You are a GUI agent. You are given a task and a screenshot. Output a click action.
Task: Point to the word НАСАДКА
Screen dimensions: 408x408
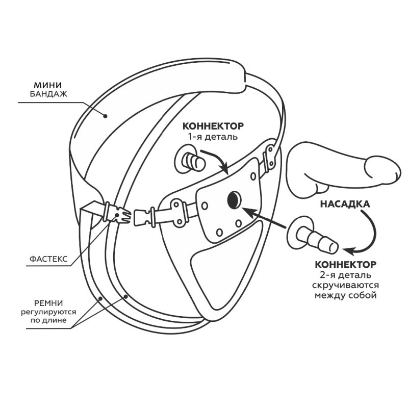coord(345,204)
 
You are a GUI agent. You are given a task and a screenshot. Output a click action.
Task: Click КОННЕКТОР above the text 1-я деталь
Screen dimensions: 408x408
coord(213,126)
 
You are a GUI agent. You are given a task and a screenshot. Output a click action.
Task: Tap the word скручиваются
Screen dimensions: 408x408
coord(345,286)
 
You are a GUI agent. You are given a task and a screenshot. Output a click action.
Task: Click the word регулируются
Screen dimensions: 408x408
coord(48,312)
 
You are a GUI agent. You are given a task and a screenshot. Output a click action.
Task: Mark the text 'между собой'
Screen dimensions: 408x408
coord(345,296)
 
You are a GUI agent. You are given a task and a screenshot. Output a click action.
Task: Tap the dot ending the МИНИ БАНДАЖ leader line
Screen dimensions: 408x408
coord(106,116)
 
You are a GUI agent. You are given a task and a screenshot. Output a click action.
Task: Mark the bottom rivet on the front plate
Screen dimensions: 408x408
coord(238,223)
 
